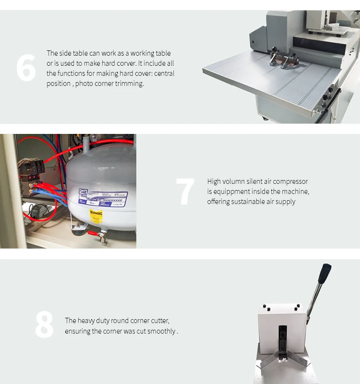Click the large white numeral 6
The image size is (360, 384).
tap(26, 68)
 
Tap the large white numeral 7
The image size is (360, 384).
tap(185, 192)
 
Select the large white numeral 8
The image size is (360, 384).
tap(44, 325)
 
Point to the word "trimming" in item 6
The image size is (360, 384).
tap(129, 84)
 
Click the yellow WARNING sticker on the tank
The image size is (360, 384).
tap(96, 216)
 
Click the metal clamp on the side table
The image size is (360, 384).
tap(283, 60)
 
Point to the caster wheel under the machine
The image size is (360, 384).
tap(265, 118)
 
